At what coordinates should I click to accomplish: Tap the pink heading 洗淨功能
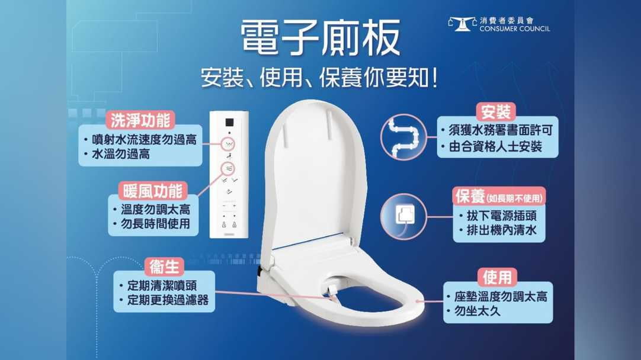[140, 121]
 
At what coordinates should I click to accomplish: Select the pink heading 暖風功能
[153, 191]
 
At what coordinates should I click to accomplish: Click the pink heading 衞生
[164, 266]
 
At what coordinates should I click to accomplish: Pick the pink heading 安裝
[496, 112]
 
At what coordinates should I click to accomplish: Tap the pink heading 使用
[496, 277]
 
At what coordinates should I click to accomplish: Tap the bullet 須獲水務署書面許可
[498, 130]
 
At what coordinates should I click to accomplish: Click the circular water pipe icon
[403, 137]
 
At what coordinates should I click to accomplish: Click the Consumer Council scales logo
[462, 24]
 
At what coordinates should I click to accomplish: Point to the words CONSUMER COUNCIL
[514, 28]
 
